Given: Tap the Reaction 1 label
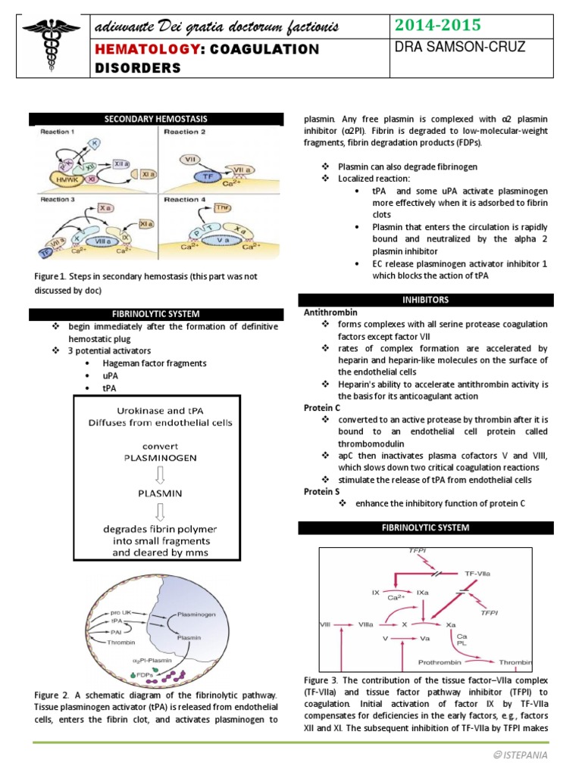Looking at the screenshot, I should pyautogui.click(x=57, y=132).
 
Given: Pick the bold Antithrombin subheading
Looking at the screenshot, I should pyautogui.click(x=330, y=312).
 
